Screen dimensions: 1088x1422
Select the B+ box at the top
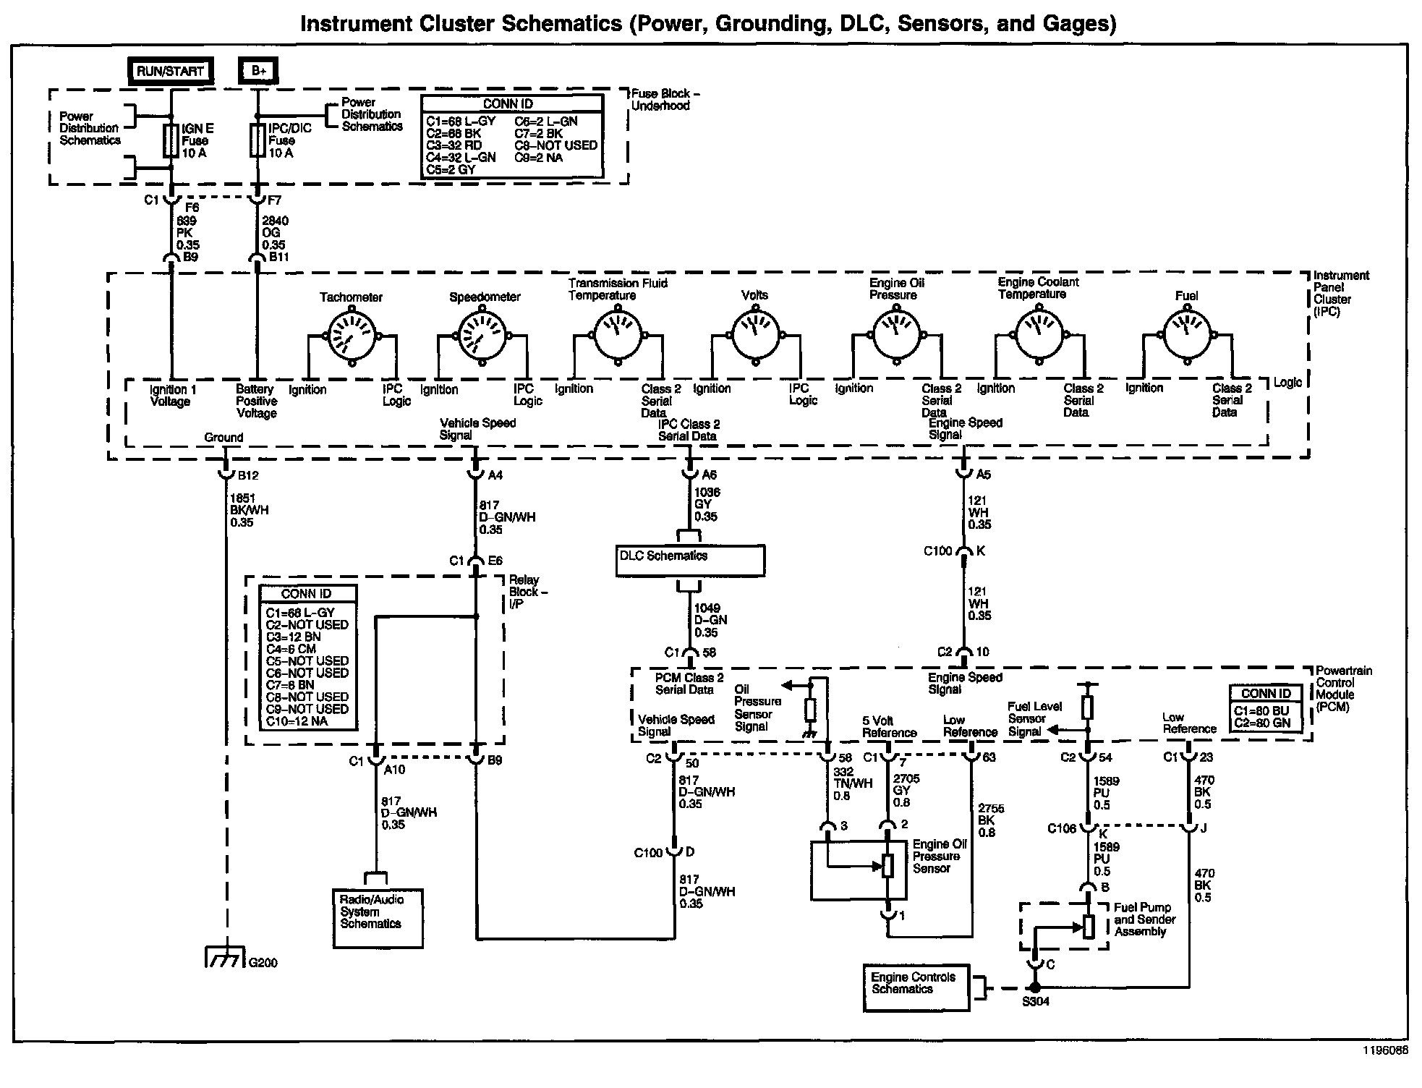(x=258, y=71)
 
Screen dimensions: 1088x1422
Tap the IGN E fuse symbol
(x=171, y=141)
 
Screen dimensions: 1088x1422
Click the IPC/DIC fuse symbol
(x=257, y=141)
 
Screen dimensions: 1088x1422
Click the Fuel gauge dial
(x=1186, y=334)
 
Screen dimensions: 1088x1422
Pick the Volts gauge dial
(x=756, y=335)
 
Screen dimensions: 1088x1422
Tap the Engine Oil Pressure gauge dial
(x=897, y=335)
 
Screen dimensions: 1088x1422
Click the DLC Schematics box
(x=689, y=561)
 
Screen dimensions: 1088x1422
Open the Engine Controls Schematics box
(x=916, y=987)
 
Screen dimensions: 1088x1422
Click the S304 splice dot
(x=1035, y=987)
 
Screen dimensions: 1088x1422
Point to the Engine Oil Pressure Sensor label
(x=940, y=856)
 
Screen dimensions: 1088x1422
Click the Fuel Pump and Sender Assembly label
(x=1144, y=919)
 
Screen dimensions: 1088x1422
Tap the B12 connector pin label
(x=247, y=475)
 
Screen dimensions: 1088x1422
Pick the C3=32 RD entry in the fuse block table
(x=454, y=145)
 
